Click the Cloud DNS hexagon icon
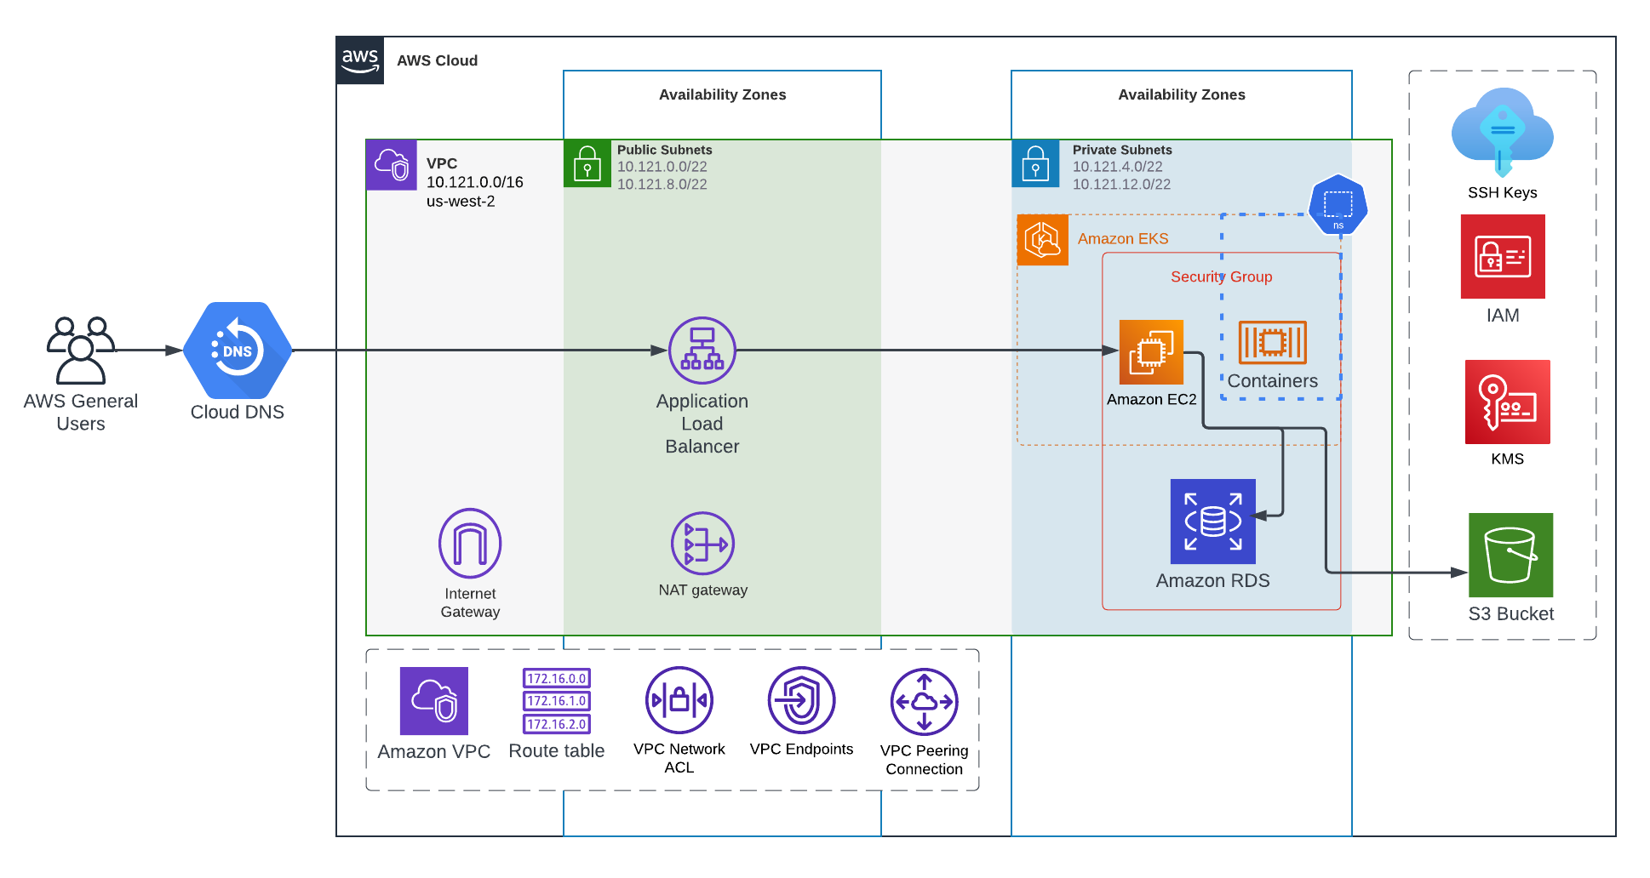point(238,350)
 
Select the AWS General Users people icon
point(81,350)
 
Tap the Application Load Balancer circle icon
point(702,350)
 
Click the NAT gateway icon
point(702,543)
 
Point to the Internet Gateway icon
point(470,544)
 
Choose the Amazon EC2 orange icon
point(1151,351)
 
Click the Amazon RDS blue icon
point(1212,521)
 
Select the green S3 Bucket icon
point(1510,555)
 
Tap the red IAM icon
point(1503,256)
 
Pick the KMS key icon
point(1507,402)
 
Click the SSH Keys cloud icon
point(1502,132)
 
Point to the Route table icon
point(556,701)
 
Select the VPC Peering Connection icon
point(924,702)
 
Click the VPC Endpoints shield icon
point(801,700)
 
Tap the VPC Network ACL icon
point(679,700)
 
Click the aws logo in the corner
point(360,60)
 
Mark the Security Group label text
point(1221,277)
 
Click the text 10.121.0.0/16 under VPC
point(474,182)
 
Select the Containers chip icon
point(1272,342)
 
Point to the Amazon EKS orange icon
point(1042,240)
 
